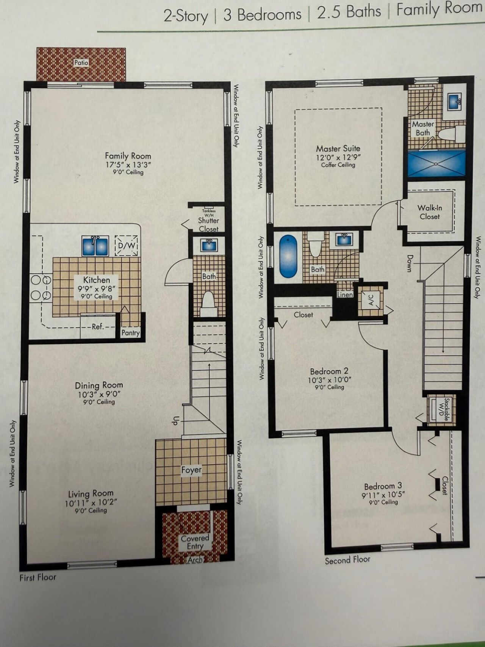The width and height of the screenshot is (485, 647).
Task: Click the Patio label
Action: click(81, 63)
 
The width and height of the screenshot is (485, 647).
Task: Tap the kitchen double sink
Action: click(95, 246)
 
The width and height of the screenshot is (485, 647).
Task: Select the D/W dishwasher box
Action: click(127, 245)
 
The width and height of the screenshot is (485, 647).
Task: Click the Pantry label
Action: click(130, 333)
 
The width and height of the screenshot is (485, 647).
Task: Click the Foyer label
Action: click(191, 470)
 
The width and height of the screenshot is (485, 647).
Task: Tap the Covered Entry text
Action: click(195, 542)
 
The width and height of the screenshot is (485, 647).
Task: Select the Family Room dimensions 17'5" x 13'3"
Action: click(128, 165)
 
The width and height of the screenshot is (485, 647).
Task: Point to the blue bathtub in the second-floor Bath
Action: click(288, 256)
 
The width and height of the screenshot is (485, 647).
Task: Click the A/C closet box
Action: click(371, 299)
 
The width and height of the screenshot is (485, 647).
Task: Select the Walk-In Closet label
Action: click(430, 212)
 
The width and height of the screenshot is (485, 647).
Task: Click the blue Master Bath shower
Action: click(436, 163)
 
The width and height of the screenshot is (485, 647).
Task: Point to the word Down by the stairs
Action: click(410, 263)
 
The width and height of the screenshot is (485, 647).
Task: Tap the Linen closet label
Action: click(345, 295)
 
